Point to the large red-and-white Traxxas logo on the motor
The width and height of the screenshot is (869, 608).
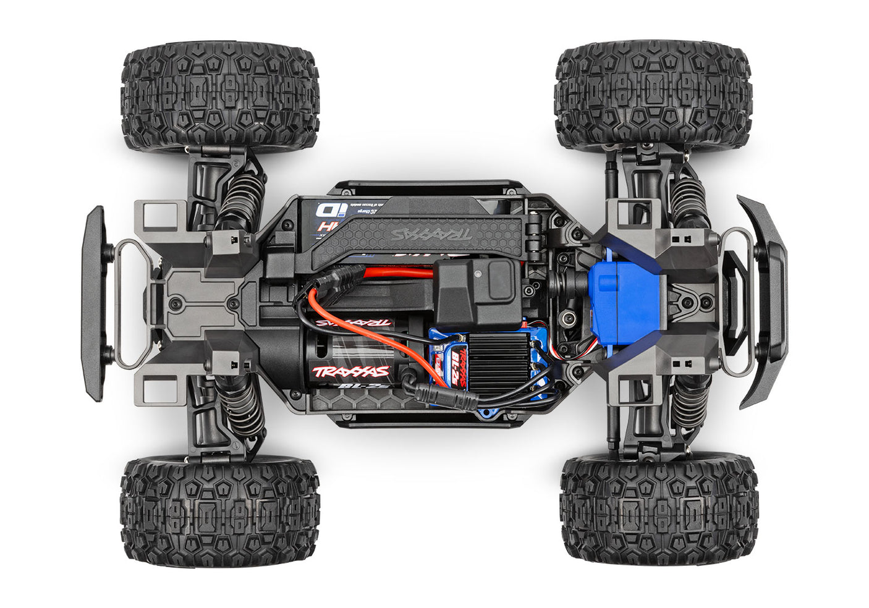[x=351, y=371]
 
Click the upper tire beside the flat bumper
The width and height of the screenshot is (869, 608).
[x=221, y=98]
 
